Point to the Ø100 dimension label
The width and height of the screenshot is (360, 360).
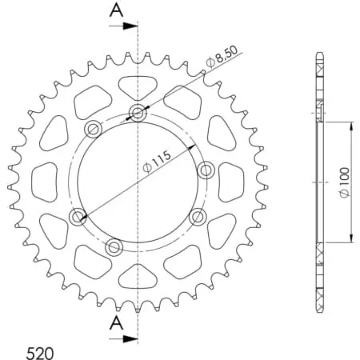[x=343, y=183]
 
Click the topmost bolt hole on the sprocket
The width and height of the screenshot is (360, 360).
[x=138, y=113]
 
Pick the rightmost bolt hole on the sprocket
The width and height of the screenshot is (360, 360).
[x=205, y=170]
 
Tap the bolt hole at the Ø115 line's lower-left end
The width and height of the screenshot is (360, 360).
[x=78, y=216]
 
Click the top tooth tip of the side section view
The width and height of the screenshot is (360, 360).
[x=320, y=55]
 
